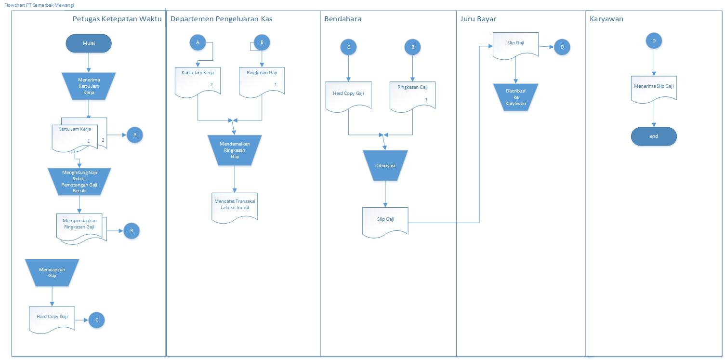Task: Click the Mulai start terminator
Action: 89,43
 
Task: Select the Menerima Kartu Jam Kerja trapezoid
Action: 89,86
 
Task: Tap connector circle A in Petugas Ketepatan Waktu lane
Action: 135,135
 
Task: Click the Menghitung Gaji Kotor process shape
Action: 80,181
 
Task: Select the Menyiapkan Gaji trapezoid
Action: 52,272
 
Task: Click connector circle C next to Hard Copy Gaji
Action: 96,320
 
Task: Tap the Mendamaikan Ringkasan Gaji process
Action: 235,150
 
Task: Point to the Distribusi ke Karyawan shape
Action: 515,97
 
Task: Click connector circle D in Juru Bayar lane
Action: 562,47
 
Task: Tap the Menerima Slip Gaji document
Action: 654,88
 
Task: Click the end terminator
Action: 654,136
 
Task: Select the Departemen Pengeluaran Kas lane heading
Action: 221,19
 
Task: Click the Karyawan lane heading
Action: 606,19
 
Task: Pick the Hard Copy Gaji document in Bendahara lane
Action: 348,95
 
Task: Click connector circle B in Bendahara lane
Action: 412,47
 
